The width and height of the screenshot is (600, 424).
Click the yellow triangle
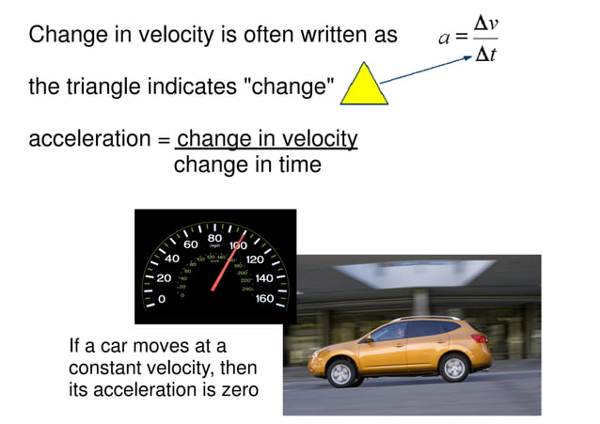[364, 87]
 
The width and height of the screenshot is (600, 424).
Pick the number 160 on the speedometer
[264, 298]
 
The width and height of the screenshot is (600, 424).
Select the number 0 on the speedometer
[162, 299]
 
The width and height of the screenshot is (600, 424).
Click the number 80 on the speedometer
[215, 238]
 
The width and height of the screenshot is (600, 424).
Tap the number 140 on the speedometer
[263, 278]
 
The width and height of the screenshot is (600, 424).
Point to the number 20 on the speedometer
[164, 277]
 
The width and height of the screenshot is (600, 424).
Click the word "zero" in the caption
[238, 388]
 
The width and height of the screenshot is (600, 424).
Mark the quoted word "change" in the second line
[290, 87]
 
